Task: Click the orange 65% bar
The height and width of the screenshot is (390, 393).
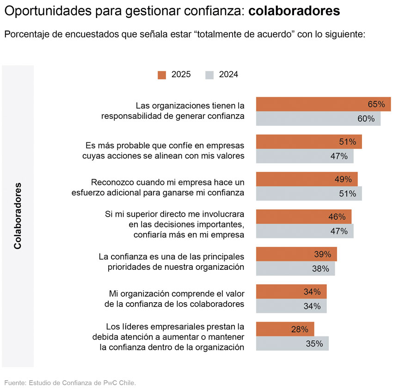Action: click(x=323, y=104)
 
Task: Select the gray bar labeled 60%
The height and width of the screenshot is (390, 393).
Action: click(x=318, y=119)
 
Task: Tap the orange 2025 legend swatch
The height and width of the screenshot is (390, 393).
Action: click(x=162, y=75)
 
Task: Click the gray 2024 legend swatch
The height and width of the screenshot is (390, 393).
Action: click(x=209, y=75)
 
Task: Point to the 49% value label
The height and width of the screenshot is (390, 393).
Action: click(x=343, y=179)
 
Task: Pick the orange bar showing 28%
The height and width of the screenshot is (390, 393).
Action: click(x=285, y=329)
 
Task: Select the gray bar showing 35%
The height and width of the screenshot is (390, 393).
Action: click(x=292, y=343)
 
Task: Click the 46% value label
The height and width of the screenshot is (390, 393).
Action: click(x=337, y=217)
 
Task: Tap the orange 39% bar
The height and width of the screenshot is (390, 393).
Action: click(x=296, y=254)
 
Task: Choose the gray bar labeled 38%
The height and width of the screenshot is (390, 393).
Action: click(x=295, y=268)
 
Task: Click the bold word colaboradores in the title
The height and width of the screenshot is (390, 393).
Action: click(x=294, y=11)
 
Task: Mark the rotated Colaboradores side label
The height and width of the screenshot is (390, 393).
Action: click(x=18, y=216)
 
